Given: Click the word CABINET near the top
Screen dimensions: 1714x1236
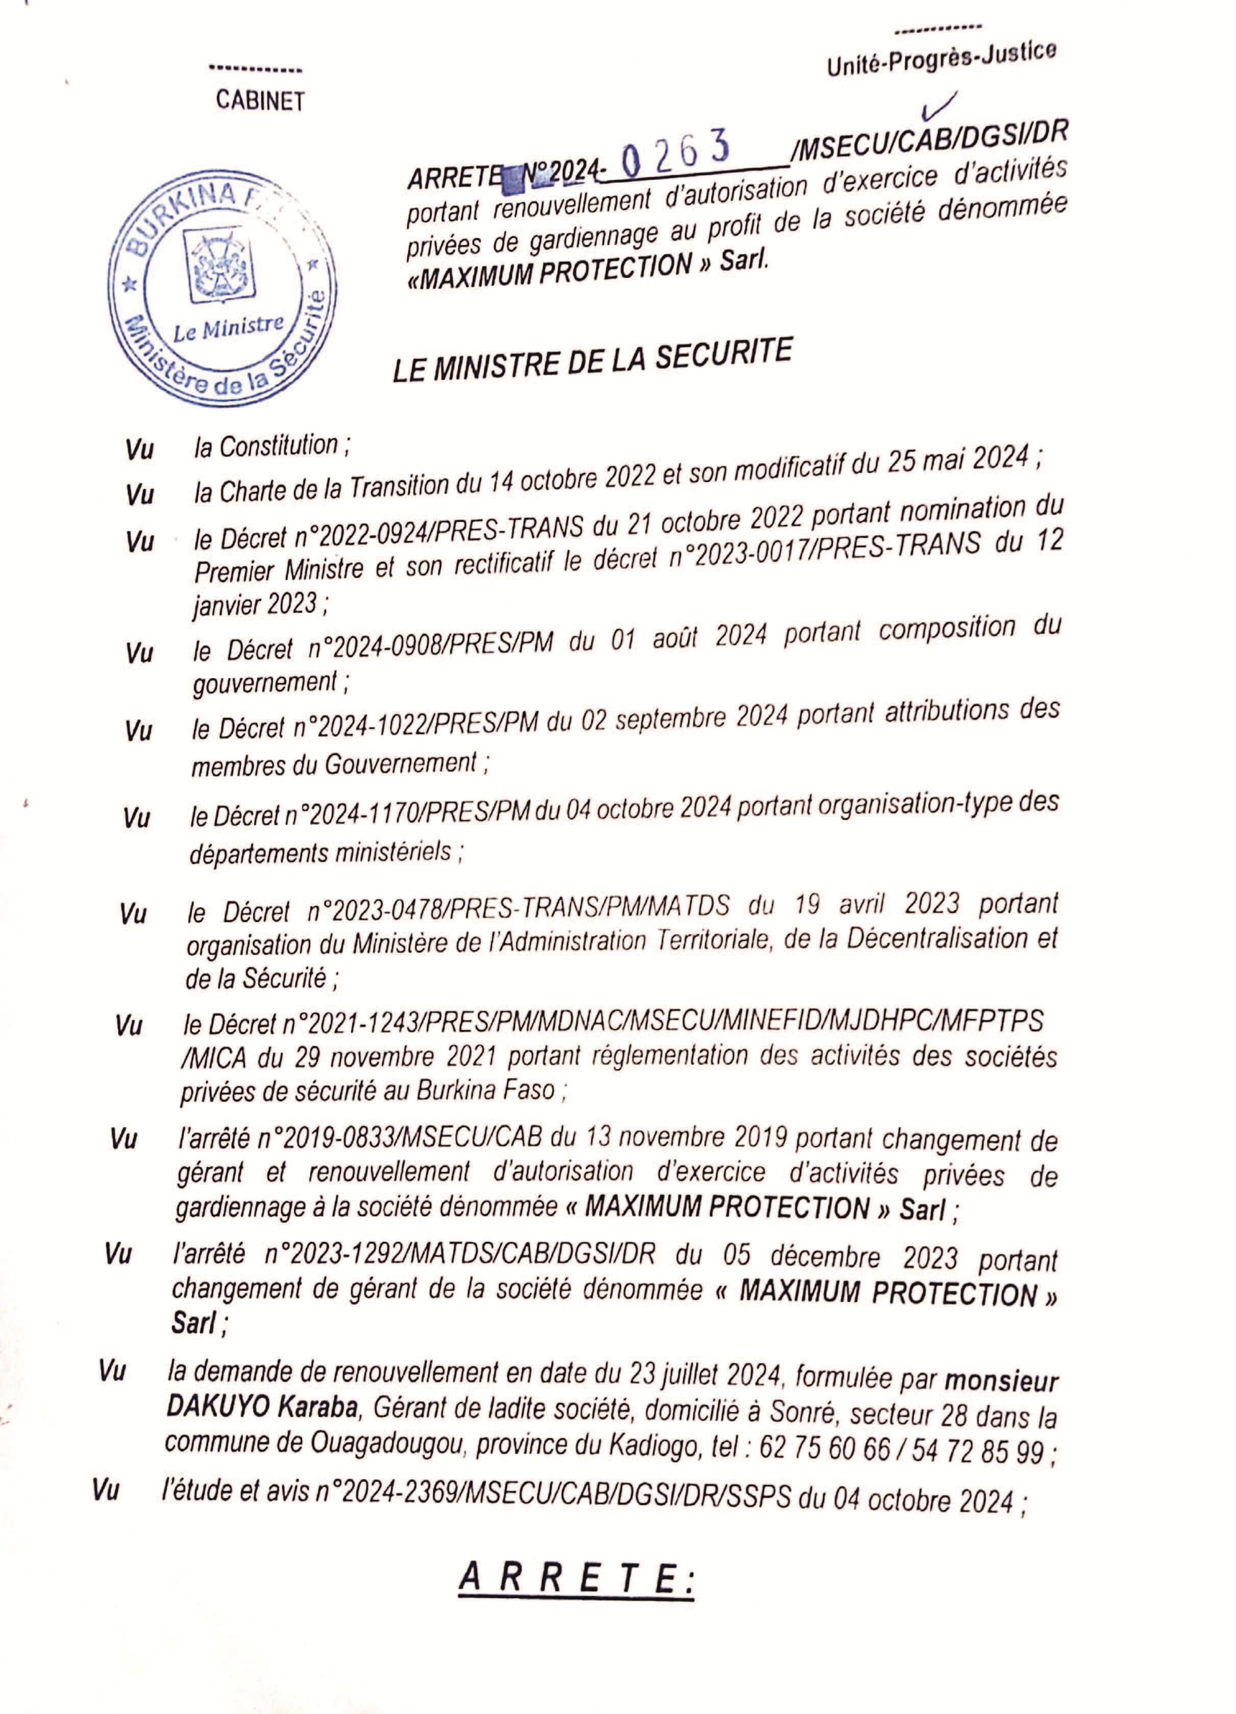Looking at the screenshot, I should click(x=260, y=101).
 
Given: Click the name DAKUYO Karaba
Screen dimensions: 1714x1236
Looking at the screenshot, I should click(x=261, y=1407).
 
